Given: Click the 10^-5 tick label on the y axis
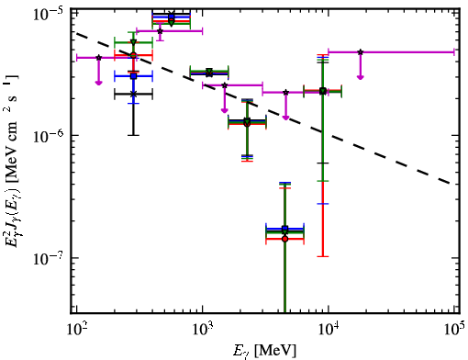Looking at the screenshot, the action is tap(50, 16).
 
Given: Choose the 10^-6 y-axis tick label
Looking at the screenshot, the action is tap(50, 136).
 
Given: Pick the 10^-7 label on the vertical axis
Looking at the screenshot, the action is tap(50, 259).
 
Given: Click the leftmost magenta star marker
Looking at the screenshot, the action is tap(98, 58).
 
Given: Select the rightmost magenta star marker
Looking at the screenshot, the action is tap(361, 52).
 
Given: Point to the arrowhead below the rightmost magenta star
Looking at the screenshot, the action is tap(361, 77).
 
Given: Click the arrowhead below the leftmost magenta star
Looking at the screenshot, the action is tap(98, 83).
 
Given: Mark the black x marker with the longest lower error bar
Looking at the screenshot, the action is tap(133, 95).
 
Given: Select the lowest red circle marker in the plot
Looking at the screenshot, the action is tap(284, 239).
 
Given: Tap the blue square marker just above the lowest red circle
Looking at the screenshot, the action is tap(284, 229).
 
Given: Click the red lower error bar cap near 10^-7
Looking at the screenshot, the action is tap(323, 256).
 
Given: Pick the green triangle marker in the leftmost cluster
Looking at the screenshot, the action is tap(133, 42).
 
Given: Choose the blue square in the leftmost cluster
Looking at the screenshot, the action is tap(133, 76).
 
